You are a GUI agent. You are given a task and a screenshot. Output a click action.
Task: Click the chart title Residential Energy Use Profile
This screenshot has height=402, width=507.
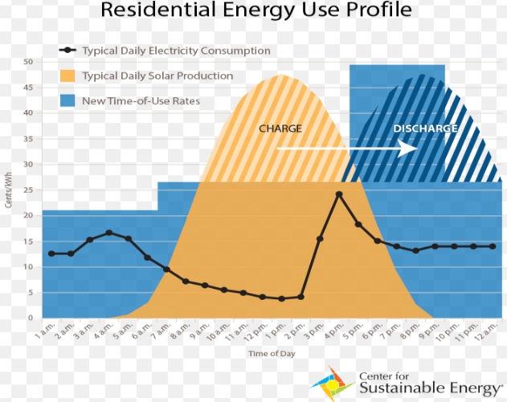click(x=257, y=11)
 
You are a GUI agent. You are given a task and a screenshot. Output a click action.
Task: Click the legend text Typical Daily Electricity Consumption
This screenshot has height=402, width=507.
click(x=176, y=51)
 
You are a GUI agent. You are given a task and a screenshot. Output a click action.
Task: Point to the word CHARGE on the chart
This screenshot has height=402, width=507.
click(x=280, y=128)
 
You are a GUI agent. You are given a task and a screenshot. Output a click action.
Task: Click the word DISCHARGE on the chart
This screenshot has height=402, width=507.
click(x=425, y=129)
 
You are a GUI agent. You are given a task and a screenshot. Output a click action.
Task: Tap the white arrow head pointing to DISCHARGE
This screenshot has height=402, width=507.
click(x=411, y=149)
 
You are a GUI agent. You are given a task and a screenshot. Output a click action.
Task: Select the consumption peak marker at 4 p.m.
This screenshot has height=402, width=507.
click(x=339, y=195)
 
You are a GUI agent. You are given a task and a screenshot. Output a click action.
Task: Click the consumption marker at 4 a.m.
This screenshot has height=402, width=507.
click(x=109, y=233)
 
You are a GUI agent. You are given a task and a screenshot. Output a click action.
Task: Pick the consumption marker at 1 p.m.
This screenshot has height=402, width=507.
click(x=282, y=299)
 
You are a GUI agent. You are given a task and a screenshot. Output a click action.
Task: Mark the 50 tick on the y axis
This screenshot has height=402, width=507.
click(x=27, y=62)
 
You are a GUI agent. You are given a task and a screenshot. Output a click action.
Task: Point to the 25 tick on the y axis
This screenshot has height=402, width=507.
click(x=27, y=190)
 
